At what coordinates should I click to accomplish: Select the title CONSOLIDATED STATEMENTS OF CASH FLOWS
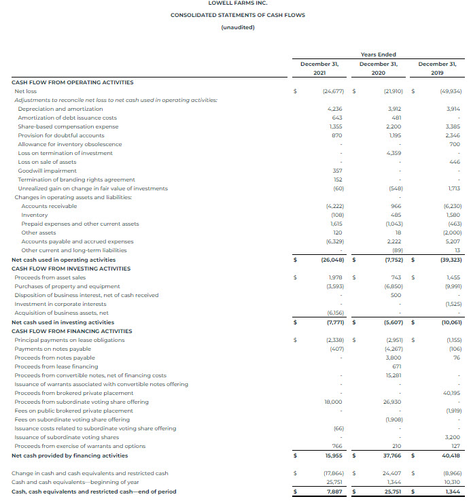click(x=237, y=15)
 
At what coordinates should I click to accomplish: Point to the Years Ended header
click(x=378, y=54)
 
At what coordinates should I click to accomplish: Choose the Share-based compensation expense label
click(x=68, y=126)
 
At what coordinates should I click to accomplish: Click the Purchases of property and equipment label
click(x=67, y=286)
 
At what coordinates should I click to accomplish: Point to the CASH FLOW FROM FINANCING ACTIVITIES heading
click(x=72, y=331)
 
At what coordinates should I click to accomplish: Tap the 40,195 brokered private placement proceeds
click(x=451, y=393)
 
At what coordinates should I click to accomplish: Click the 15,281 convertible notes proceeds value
click(x=393, y=375)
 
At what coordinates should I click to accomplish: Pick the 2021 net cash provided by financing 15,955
click(x=330, y=455)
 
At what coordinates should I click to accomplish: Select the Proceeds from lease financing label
click(x=57, y=366)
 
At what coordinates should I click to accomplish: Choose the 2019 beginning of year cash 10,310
click(x=451, y=482)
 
